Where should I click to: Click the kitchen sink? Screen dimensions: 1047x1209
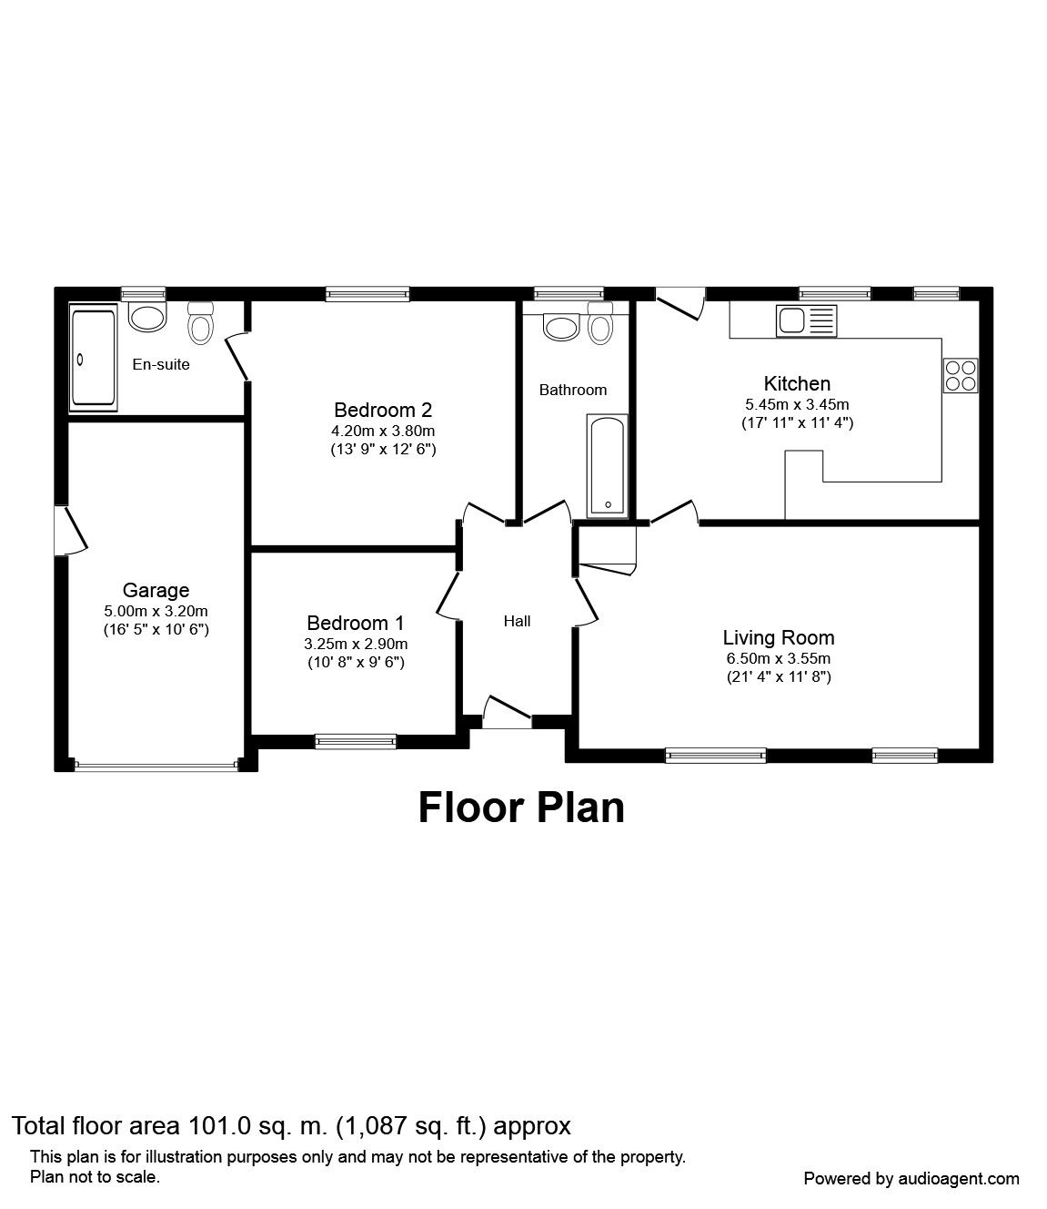point(806,320)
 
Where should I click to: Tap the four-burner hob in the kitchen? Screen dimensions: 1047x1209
point(961,375)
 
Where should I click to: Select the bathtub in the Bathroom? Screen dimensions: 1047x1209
point(608,466)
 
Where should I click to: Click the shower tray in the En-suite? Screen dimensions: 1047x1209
point(94,357)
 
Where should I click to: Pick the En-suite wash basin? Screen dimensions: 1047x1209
point(148,317)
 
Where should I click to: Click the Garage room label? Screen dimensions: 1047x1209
point(156,590)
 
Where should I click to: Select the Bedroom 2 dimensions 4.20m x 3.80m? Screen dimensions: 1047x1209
point(383,432)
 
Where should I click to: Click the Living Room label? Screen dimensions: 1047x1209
point(779,637)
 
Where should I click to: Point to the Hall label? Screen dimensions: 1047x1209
point(518,621)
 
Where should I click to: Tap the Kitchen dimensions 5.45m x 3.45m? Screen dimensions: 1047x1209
point(798,404)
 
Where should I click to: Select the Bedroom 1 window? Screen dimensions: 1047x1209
point(356,741)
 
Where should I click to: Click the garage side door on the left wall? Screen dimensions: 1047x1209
point(70,530)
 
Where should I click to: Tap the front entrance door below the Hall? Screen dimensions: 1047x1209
point(507,713)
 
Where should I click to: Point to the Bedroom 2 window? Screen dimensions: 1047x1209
point(367,294)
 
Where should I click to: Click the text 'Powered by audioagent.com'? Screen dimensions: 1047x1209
point(911,1179)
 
